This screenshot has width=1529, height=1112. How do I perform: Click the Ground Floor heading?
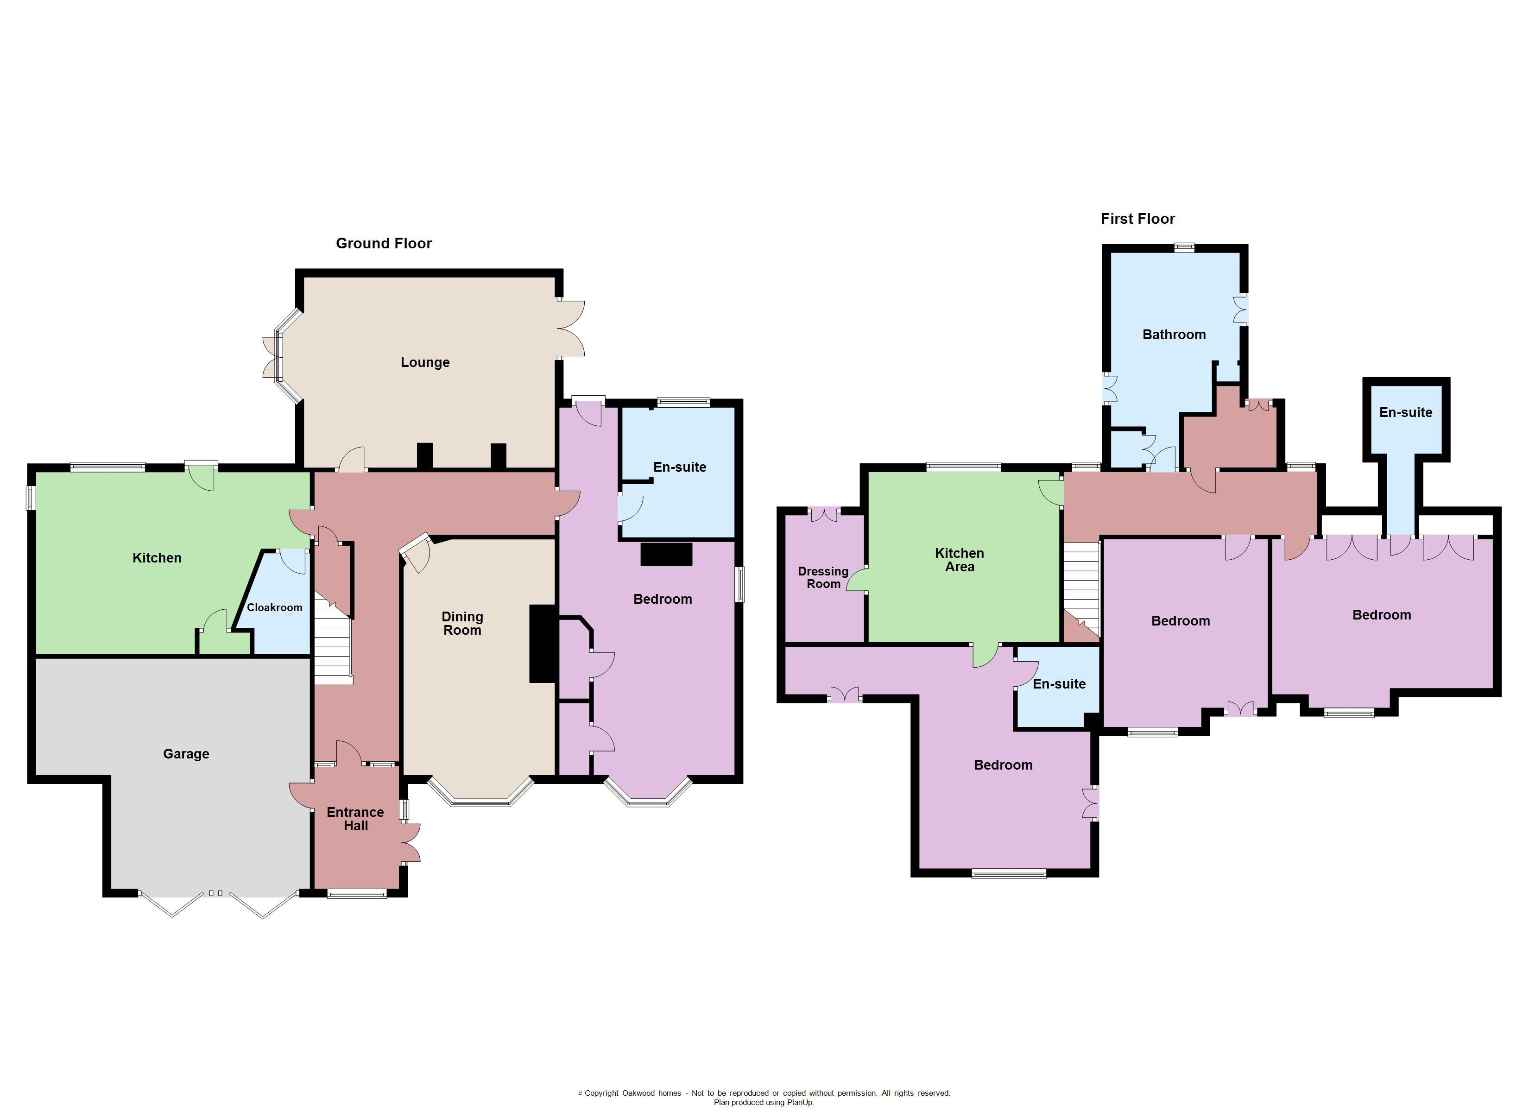(384, 243)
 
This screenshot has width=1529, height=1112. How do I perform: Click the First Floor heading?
(1137, 219)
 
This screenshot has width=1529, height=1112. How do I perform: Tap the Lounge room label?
(425, 363)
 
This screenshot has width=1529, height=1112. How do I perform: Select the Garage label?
(186, 754)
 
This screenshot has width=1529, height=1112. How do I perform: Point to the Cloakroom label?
(274, 607)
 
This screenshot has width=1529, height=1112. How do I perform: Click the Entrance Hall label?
(355, 819)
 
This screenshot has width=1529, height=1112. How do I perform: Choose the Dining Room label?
(462, 624)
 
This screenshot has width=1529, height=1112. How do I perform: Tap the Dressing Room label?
(823, 578)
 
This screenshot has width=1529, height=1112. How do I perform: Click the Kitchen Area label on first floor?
(960, 560)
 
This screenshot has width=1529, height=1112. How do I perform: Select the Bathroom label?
(1174, 335)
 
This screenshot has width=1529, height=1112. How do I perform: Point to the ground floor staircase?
(333, 641)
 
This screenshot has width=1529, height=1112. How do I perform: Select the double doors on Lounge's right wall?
(572, 329)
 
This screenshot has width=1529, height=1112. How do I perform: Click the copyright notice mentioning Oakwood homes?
(764, 1093)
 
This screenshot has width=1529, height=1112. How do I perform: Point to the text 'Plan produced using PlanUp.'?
(764, 1103)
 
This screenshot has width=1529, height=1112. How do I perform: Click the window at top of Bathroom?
(1184, 247)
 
